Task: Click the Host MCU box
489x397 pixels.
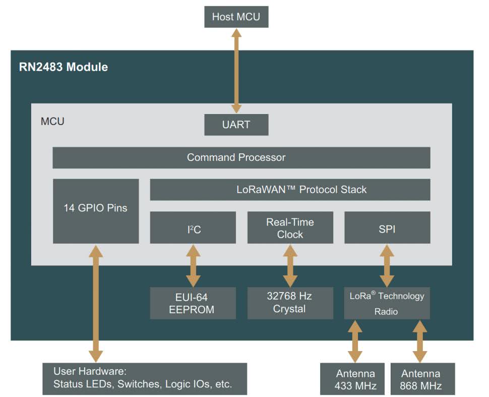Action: pyautogui.click(x=236, y=17)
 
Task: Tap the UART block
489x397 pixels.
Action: pyautogui.click(x=236, y=125)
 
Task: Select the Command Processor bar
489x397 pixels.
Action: pyautogui.click(x=241, y=157)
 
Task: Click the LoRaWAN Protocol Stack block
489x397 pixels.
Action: pyautogui.click(x=290, y=190)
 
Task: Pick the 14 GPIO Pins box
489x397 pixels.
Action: pyautogui.click(x=95, y=207)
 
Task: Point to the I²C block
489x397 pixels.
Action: pyautogui.click(x=193, y=228)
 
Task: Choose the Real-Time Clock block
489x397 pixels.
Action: pyautogui.click(x=290, y=228)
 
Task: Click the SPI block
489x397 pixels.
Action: pyautogui.click(x=387, y=228)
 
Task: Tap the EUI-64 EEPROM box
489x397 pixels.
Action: pyautogui.click(x=193, y=303)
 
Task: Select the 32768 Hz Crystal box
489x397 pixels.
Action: pyautogui.click(x=290, y=303)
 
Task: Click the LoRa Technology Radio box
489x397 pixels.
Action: pyautogui.click(x=387, y=303)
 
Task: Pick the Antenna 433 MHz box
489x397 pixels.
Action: pyautogui.click(x=355, y=379)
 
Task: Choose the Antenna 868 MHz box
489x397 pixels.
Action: pyautogui.click(x=420, y=379)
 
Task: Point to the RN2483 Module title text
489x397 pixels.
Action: pyautogui.click(x=64, y=67)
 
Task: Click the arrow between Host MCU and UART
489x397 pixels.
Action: pyautogui.click(x=236, y=71)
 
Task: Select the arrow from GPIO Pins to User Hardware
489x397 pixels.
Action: pyautogui.click(x=95, y=303)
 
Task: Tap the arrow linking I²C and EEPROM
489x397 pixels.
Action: pyautogui.click(x=193, y=266)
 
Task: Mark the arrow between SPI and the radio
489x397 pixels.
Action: pyautogui.click(x=387, y=266)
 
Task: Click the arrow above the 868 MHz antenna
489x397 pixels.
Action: pyautogui.click(x=420, y=341)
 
